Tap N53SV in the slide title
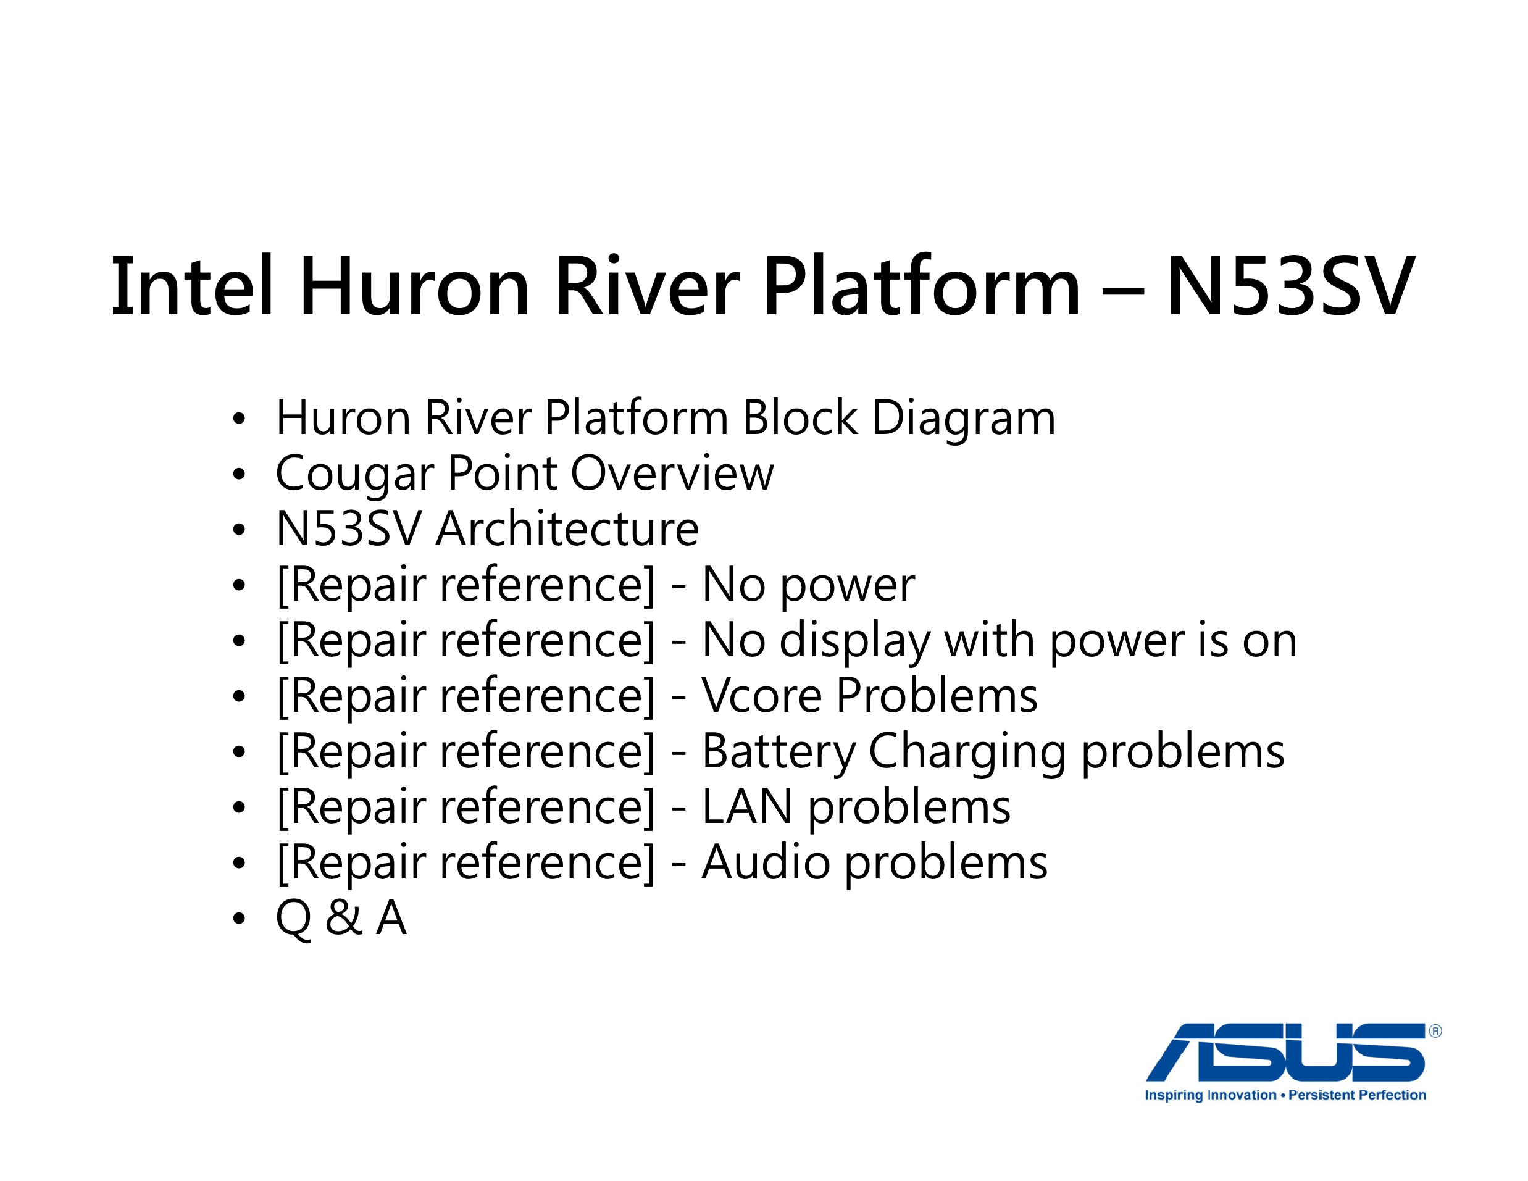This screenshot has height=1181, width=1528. pyautogui.click(x=1291, y=286)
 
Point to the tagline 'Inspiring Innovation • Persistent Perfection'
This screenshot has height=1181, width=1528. pyautogui.click(x=1285, y=1095)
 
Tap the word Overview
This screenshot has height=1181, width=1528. pyautogui.click(x=672, y=474)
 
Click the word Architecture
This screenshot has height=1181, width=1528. pyautogui.click(x=567, y=529)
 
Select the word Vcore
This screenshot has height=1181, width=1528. pyautogui.click(x=762, y=696)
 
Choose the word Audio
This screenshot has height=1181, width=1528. pyautogui.click(x=766, y=862)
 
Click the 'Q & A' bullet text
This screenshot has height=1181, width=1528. pyautogui.click(x=341, y=919)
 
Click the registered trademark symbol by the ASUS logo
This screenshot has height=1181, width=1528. pyautogui.click(x=1435, y=1031)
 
